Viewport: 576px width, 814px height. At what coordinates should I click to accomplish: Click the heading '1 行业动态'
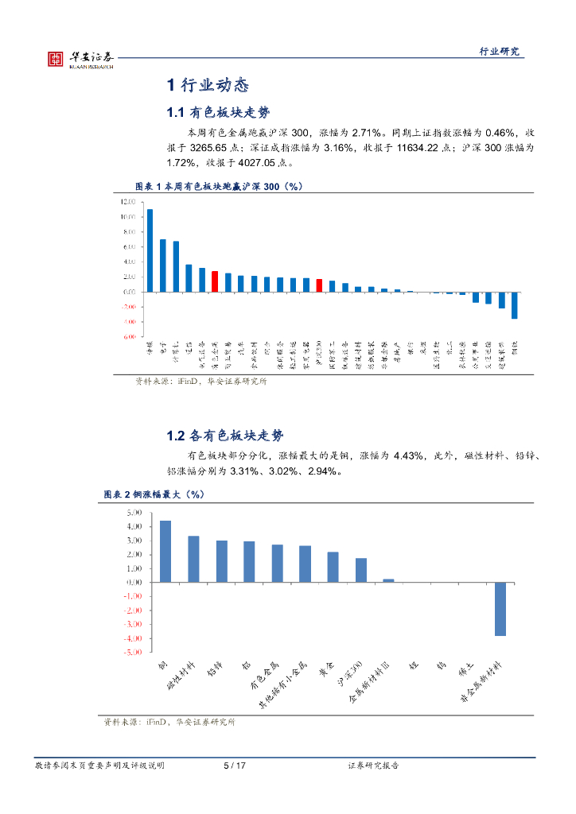pyautogui.click(x=208, y=85)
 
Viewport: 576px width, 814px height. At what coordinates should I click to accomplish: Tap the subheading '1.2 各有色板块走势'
pyautogui.click(x=224, y=436)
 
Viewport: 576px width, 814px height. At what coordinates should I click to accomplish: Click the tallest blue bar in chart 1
pyautogui.click(x=150, y=250)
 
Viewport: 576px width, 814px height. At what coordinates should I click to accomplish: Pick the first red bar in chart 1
pyautogui.click(x=215, y=281)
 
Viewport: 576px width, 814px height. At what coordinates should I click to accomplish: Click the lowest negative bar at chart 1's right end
pyautogui.click(x=515, y=305)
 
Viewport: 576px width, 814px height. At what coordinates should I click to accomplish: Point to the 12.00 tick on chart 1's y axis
pyautogui.click(x=127, y=202)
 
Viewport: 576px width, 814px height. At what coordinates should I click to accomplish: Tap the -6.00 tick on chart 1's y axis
pyautogui.click(x=127, y=337)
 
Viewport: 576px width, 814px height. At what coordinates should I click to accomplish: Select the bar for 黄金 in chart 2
pyautogui.click(x=333, y=567)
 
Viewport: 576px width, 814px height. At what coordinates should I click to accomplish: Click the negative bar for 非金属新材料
pyautogui.click(x=500, y=608)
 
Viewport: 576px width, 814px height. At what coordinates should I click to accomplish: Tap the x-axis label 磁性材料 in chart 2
pyautogui.click(x=182, y=675)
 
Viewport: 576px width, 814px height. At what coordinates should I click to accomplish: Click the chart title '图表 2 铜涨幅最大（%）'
pyautogui.click(x=154, y=494)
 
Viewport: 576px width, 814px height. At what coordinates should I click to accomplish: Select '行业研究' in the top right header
pyautogui.click(x=499, y=52)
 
